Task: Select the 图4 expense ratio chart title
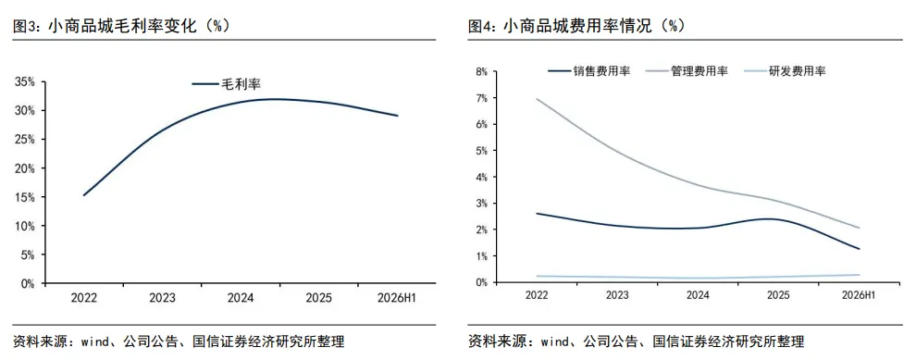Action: point(576,26)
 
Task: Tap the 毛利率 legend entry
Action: point(226,84)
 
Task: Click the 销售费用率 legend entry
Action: point(589,71)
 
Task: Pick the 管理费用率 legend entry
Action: point(687,71)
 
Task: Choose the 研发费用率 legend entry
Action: point(786,71)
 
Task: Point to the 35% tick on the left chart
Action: point(25,81)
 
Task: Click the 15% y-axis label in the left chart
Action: point(25,197)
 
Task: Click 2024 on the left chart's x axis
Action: point(240,298)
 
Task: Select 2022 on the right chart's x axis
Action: point(537,296)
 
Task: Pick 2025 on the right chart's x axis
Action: point(777,296)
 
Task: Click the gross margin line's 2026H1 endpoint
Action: point(398,116)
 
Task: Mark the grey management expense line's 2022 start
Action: point(537,99)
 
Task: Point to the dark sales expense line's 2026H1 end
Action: point(859,249)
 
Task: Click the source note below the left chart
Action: point(179,341)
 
